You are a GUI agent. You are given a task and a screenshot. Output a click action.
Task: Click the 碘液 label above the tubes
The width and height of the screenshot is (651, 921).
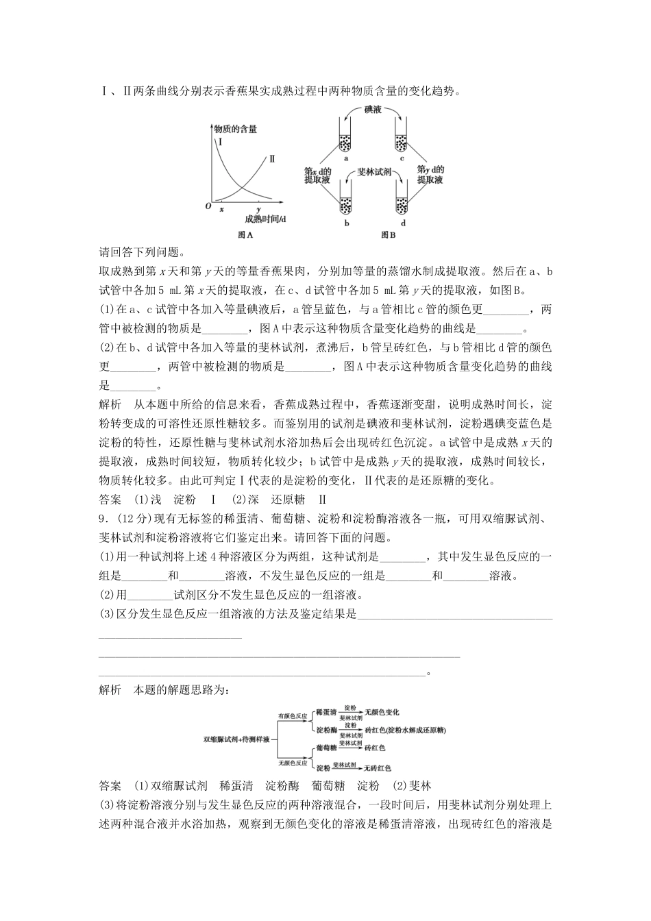tap(373, 109)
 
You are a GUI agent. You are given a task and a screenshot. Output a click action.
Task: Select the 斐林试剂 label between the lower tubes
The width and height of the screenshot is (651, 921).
tap(374, 173)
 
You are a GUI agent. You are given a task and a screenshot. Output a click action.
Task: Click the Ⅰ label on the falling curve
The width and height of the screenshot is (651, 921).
tap(220, 143)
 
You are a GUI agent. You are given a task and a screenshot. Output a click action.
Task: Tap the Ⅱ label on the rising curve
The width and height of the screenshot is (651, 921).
tap(272, 158)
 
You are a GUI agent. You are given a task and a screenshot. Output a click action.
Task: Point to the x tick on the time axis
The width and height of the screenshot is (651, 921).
tap(221, 208)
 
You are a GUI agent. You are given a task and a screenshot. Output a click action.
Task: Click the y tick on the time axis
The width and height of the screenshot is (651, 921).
tap(258, 208)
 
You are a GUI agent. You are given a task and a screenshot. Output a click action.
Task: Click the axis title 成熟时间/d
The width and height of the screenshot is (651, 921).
tap(265, 219)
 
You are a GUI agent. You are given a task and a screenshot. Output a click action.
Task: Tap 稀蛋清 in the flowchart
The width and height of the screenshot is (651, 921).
tap(325, 712)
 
